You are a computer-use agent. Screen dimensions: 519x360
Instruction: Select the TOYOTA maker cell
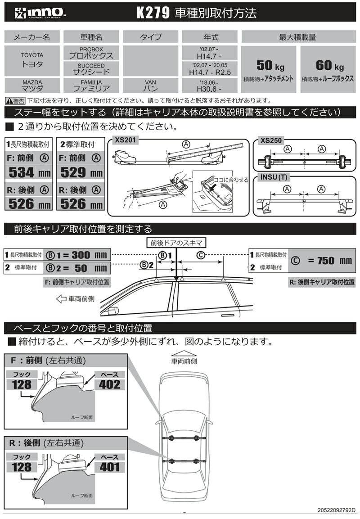pyautogui.click(x=32, y=60)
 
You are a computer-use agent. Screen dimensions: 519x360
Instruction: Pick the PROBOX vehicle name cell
pyautogui.click(x=91, y=53)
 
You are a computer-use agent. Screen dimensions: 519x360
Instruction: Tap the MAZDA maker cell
pyautogui.click(x=32, y=85)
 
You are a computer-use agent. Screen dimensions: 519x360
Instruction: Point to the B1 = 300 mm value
pyautogui.click(x=77, y=255)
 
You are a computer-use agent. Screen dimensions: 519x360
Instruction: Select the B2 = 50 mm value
pyautogui.click(x=77, y=268)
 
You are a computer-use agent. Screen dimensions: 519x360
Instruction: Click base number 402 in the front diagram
pyautogui.click(x=110, y=384)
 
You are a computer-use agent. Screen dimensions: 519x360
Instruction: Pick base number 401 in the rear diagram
pyautogui.click(x=110, y=466)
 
